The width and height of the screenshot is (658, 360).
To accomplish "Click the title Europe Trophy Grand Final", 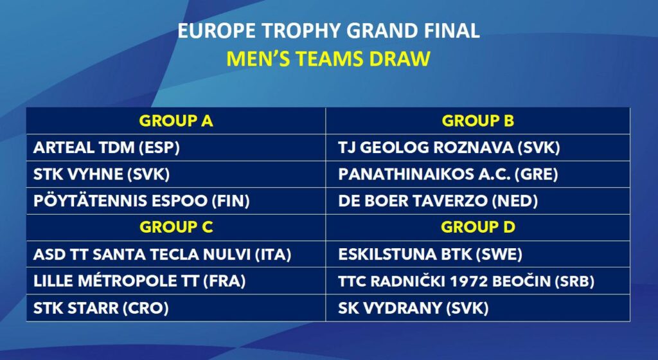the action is pos(328,31).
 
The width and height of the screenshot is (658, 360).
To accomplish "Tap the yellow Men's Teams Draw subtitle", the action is pos(328,59).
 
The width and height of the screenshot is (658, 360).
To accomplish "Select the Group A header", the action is pos(176,121).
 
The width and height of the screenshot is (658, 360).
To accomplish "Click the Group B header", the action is pos(478,121).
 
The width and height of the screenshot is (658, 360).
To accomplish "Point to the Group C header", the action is pos(176,227).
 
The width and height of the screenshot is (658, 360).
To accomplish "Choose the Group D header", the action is pos(478,227).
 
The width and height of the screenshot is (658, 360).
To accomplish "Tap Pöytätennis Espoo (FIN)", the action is pos(141,201).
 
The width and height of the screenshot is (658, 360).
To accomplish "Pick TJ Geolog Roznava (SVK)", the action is pos(449,148).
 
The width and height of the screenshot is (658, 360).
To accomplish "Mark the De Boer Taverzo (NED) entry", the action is pos(438,201).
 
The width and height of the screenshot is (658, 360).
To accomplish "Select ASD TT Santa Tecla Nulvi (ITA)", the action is pos(162,255).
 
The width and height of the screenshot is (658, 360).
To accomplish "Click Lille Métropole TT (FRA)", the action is pos(139,281).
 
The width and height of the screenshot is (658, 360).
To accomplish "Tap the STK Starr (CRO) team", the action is pos(101,308).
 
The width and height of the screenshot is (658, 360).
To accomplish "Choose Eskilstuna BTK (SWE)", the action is pos(430,255).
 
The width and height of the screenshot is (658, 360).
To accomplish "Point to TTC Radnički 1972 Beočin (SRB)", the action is pos(467,281).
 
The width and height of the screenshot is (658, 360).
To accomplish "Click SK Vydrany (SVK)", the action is pos(413,308).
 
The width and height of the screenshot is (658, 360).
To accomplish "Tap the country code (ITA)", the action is pos(273,255).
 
